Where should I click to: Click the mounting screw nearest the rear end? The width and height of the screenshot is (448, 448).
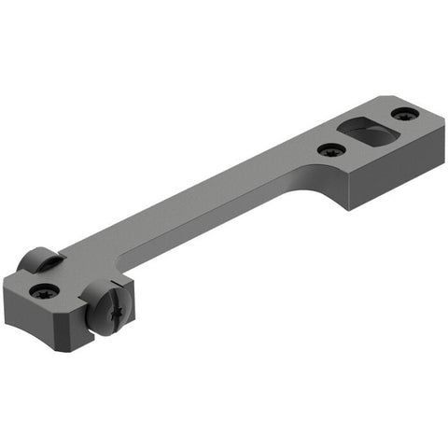403,114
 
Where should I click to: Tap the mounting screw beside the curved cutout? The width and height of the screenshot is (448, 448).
329,149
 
